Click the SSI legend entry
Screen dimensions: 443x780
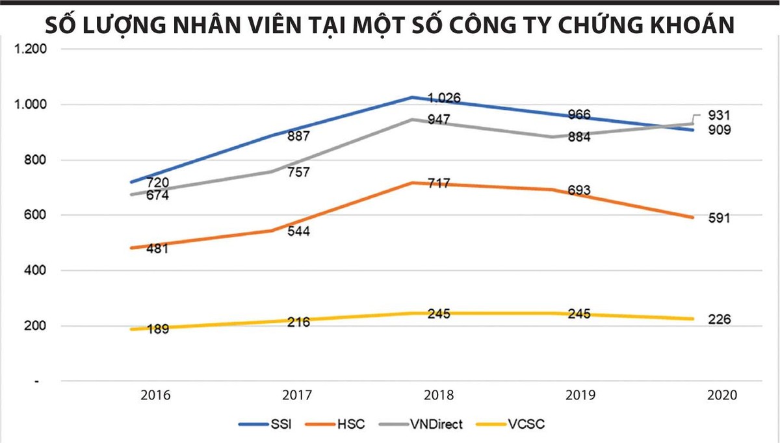(266, 425)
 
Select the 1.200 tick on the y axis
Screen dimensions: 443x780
(30, 49)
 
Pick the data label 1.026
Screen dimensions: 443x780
(445, 99)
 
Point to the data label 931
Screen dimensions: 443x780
(720, 116)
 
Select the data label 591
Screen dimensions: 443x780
(720, 219)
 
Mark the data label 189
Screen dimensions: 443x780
(157, 329)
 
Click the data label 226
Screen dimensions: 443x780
(720, 320)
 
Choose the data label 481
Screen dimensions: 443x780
(157, 249)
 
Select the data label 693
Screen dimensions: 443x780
(579, 190)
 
